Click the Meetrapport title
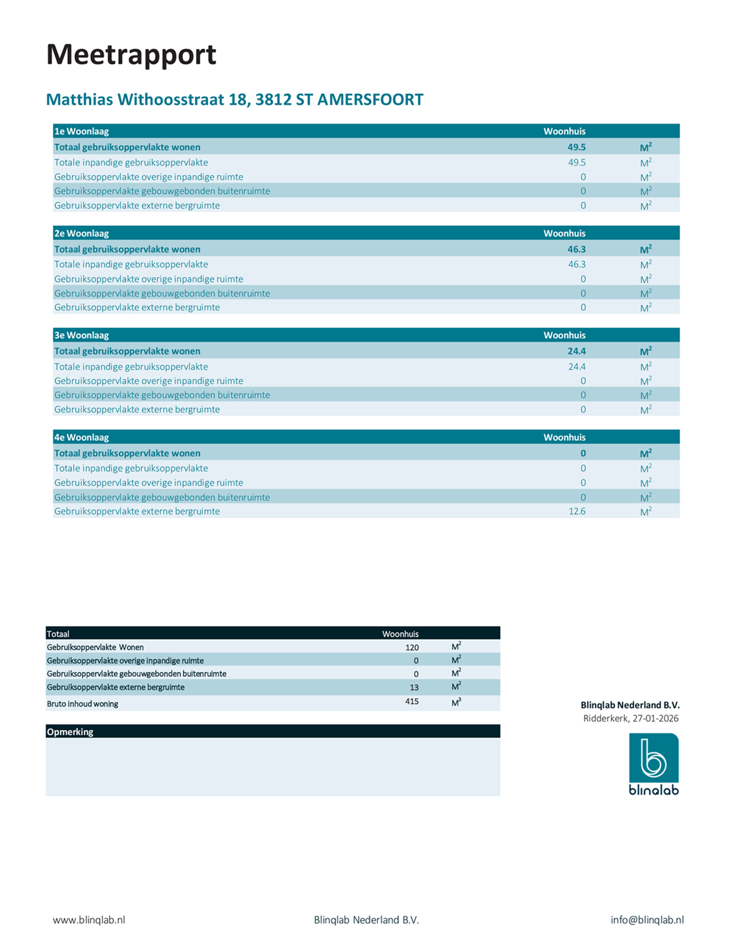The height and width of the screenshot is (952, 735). point(131,55)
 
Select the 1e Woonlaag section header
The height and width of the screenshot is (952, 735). point(81,132)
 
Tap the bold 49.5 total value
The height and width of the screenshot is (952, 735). point(577,147)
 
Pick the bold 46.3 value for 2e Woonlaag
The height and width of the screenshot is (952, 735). point(577,249)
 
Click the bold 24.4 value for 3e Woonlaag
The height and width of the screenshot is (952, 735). point(577,351)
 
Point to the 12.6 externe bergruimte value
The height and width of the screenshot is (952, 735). point(577,511)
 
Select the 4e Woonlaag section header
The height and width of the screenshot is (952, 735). point(81,438)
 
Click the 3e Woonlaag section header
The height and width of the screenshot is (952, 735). point(81,335)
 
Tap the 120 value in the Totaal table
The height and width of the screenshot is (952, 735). point(412,647)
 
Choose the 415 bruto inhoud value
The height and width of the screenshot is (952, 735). point(412,701)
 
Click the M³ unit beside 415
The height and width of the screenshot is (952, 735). point(456,702)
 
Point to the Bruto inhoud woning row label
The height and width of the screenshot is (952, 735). point(83,704)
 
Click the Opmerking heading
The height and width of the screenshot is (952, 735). point(70,732)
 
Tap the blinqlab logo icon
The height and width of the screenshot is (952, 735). point(654,758)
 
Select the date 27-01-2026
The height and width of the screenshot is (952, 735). point(655,719)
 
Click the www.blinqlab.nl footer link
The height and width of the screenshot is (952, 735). point(89,920)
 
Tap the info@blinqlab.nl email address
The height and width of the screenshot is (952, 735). point(647,920)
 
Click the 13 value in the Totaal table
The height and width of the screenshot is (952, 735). point(414,688)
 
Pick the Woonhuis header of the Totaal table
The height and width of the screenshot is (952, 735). point(400,634)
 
